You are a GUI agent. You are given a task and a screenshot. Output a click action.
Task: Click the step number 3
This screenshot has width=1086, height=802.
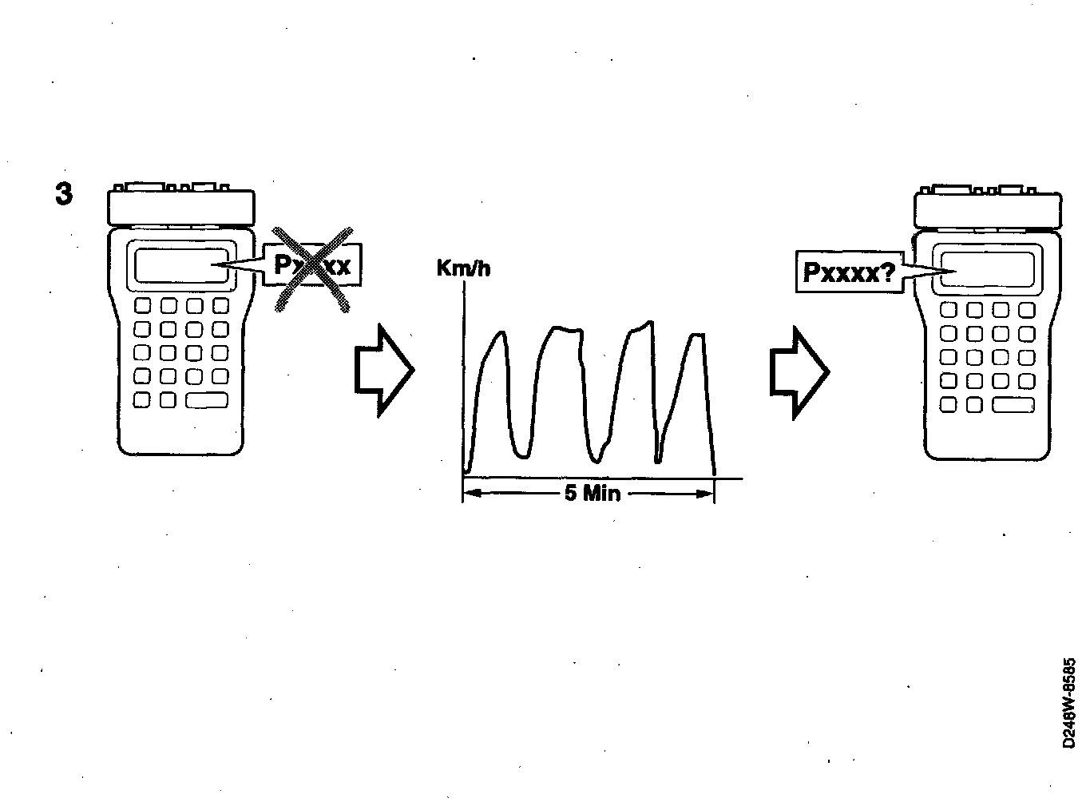coord(64,194)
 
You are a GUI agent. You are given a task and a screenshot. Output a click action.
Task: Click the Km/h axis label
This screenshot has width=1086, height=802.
coord(463,268)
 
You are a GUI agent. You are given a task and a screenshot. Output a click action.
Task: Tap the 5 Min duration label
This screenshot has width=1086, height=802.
coord(592,493)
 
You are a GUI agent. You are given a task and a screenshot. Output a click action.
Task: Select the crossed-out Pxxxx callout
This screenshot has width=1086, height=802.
coord(315,265)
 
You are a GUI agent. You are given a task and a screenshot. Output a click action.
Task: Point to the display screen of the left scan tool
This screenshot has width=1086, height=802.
coord(180,265)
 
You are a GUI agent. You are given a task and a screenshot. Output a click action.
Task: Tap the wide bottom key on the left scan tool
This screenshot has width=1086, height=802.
coord(207,400)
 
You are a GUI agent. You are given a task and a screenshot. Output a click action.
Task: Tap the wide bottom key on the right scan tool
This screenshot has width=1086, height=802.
coord(1013,405)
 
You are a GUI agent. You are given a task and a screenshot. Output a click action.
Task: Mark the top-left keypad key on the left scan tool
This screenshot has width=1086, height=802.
coord(143,305)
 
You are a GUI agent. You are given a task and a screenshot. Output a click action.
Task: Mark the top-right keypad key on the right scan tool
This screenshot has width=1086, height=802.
coord(1026,310)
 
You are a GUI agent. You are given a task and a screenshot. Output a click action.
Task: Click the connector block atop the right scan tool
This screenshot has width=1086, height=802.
coord(988,210)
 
